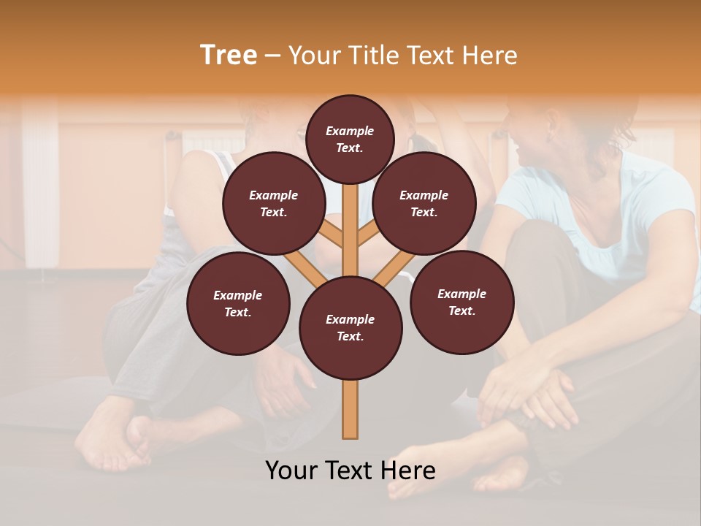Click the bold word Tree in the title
[229, 55]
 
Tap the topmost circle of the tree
[350, 139]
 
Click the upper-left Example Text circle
[273, 203]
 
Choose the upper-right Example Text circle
[424, 203]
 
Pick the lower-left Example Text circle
[237, 303]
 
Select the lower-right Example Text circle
[461, 302]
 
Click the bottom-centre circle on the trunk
[350, 327]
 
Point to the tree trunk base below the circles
[350, 409]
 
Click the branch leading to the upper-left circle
[332, 235]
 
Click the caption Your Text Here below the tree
[350, 470]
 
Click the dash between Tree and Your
[272, 56]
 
